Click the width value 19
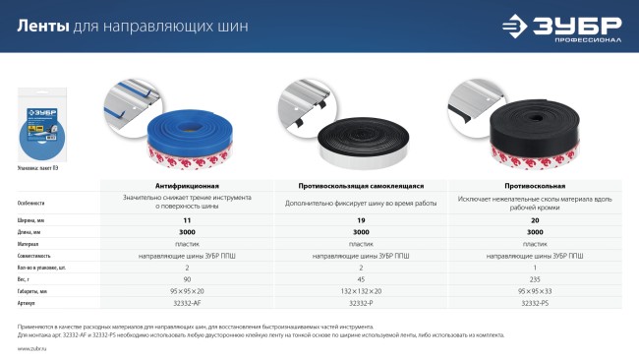click(x=361, y=221)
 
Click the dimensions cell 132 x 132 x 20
click(x=361, y=291)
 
